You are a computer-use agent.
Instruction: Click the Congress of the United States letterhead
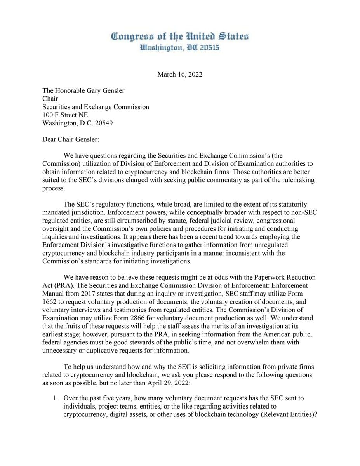[180, 37]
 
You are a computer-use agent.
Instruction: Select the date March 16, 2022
[180, 75]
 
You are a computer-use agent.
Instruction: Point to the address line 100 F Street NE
[65, 115]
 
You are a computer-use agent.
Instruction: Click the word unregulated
[272, 245]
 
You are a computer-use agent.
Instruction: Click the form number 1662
[49, 302]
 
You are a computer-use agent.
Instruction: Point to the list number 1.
[56, 398]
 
